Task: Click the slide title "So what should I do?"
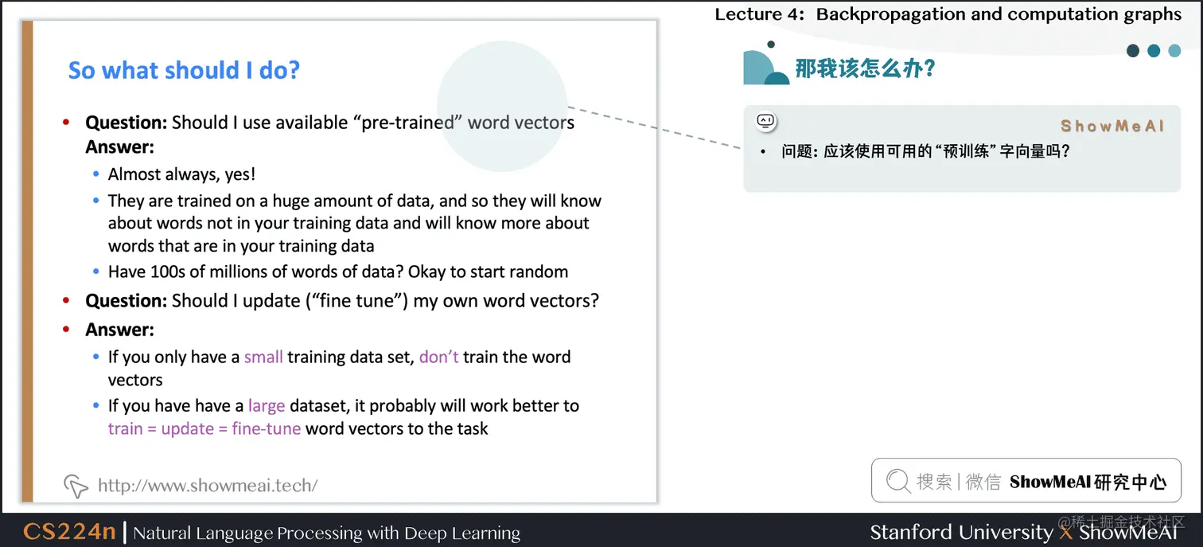(x=184, y=70)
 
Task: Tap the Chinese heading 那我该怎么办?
(x=865, y=68)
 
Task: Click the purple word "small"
(x=263, y=357)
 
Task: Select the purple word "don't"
(x=438, y=357)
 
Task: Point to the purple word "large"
(x=267, y=406)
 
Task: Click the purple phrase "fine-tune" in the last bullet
(x=266, y=429)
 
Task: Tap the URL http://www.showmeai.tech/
(x=208, y=485)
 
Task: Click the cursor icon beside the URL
(x=75, y=485)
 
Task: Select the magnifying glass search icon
(x=897, y=481)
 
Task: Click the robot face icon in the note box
(x=765, y=121)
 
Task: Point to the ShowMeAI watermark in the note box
(x=1112, y=126)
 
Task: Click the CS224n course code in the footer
(x=69, y=532)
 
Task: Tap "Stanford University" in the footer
(x=960, y=532)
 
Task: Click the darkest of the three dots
(x=1133, y=51)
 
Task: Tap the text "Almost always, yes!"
(x=181, y=174)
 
